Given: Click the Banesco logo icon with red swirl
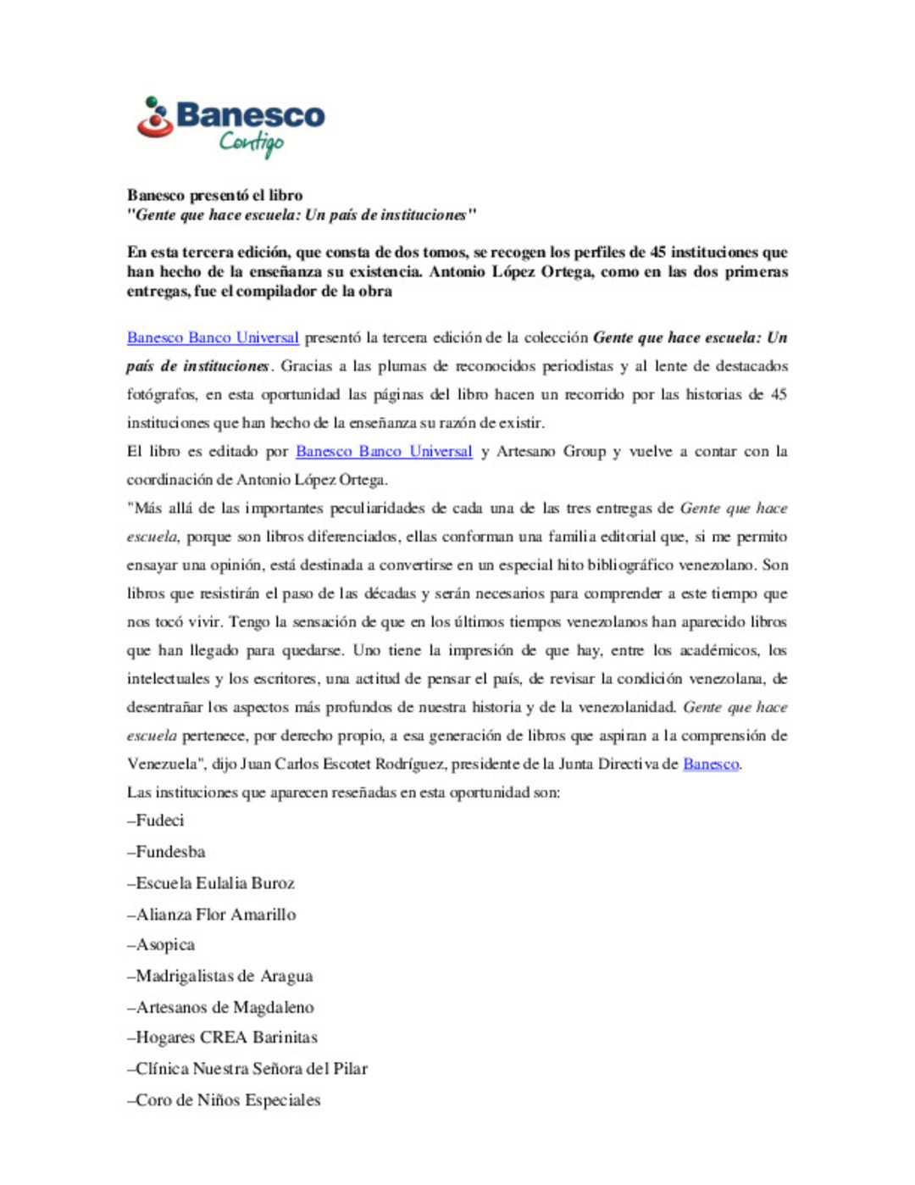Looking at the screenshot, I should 155,119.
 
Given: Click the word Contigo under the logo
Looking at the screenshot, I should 252,143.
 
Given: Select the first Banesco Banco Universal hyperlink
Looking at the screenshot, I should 213,337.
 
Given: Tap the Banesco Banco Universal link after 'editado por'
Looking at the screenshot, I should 384,451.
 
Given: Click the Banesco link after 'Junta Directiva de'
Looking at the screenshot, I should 711,764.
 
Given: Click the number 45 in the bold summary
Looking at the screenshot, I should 657,252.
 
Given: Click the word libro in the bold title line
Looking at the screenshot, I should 285,195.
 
